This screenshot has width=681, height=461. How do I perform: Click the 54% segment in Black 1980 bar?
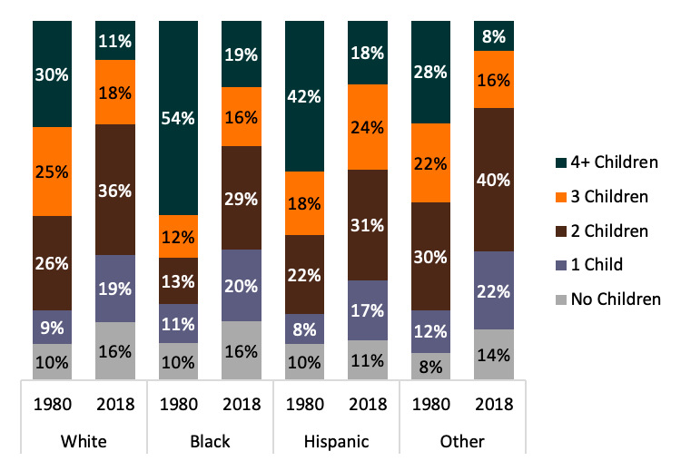click(x=179, y=118)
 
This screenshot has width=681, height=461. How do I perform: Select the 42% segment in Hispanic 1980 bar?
click(x=305, y=96)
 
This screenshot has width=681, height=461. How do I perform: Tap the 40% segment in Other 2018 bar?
click(x=493, y=179)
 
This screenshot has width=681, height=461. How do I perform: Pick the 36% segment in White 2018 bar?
click(x=115, y=190)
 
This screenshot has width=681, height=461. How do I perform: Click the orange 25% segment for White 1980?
click(x=53, y=171)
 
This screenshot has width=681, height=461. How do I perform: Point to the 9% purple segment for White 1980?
click(x=53, y=327)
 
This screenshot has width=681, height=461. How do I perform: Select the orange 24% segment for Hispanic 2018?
click(x=368, y=127)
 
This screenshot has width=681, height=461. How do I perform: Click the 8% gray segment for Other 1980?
click(x=430, y=366)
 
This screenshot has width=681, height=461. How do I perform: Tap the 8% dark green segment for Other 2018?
click(x=493, y=36)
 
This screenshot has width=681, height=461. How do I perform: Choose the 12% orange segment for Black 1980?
click(x=179, y=236)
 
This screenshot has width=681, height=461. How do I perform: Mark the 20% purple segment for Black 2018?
click(x=242, y=285)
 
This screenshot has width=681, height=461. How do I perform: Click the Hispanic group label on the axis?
click(x=336, y=442)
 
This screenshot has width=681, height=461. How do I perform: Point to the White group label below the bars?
click(x=84, y=442)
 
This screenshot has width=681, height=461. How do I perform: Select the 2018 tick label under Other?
click(x=493, y=406)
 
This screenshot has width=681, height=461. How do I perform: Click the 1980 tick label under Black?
click(x=179, y=406)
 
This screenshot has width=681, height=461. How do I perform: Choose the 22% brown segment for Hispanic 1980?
click(x=305, y=274)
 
